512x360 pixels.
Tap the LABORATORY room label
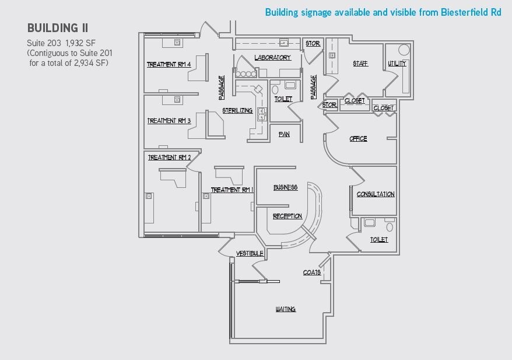pyautogui.click(x=272, y=58)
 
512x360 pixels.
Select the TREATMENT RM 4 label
pyautogui.click(x=169, y=64)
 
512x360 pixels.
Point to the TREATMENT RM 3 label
pyautogui.click(x=169, y=121)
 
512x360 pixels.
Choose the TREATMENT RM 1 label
pyautogui.click(x=231, y=190)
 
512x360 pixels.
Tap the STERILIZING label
pyautogui.click(x=237, y=110)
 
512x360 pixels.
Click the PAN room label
pyautogui.click(x=284, y=134)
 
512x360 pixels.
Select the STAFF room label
pyautogui.click(x=360, y=64)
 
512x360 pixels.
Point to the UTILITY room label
pyautogui.click(x=397, y=64)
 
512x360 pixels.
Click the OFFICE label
pyautogui.click(x=358, y=139)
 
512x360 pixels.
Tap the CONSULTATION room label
pyautogui.click(x=376, y=194)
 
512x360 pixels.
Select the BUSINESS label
pyautogui.click(x=286, y=187)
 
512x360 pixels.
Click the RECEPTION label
pyautogui.click(x=287, y=216)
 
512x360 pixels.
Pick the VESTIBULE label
pyautogui.click(x=250, y=253)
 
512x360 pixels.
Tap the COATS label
pyautogui.click(x=311, y=272)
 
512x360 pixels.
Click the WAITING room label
pyautogui.click(x=285, y=309)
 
